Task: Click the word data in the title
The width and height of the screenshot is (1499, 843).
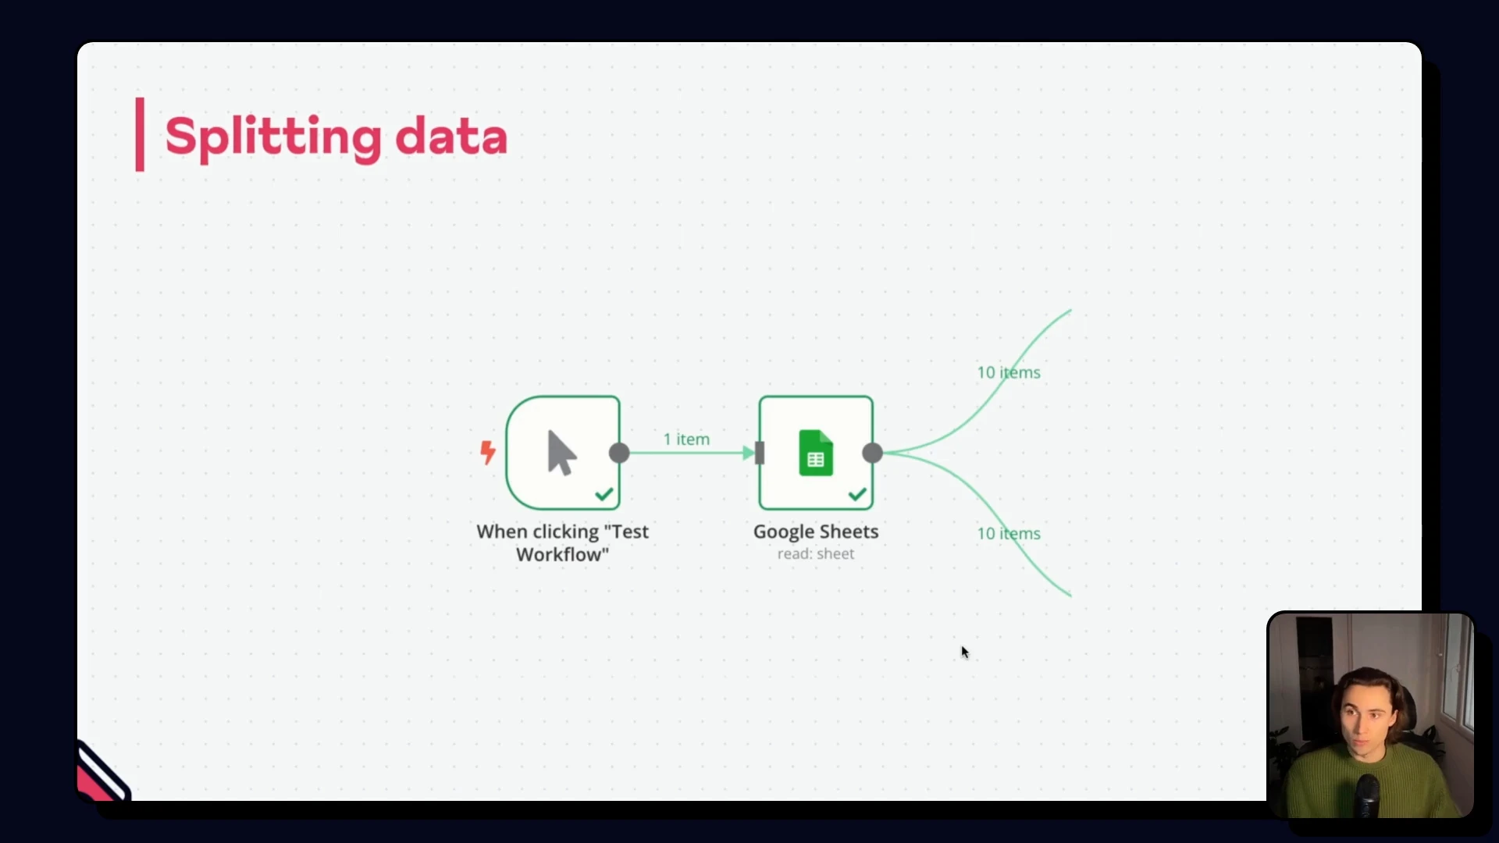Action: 451,137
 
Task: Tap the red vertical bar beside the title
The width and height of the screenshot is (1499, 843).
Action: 140,134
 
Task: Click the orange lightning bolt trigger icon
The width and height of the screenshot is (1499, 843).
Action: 488,452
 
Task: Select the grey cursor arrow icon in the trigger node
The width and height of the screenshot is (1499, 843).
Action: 561,452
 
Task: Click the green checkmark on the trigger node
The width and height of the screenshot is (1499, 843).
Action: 604,494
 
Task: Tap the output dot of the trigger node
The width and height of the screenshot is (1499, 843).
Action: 619,453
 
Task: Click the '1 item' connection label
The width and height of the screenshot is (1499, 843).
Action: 686,439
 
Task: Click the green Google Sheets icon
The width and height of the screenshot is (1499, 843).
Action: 816,453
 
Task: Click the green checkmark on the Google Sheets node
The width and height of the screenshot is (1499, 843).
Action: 857,494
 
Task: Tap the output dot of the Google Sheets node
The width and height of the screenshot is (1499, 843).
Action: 873,453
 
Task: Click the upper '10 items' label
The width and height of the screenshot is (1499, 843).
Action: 1009,372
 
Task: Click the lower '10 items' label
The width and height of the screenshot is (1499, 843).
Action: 1009,533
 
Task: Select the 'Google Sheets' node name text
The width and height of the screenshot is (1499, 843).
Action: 816,532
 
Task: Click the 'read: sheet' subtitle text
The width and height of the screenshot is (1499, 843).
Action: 816,554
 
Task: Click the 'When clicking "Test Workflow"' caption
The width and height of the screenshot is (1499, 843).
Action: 562,542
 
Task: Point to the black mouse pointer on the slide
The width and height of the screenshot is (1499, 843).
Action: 965,653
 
